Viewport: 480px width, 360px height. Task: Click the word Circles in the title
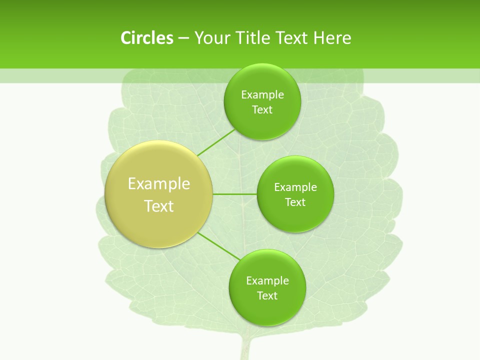click(146, 38)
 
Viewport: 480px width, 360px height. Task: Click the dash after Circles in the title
click(183, 38)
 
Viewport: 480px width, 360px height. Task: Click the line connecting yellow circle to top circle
click(216, 141)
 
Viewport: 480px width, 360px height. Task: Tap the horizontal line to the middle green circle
click(235, 194)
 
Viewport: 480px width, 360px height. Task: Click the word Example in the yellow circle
click(159, 184)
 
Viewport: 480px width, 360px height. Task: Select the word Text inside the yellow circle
click(159, 206)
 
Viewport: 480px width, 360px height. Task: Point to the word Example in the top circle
click(262, 95)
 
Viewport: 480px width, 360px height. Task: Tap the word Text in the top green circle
click(262, 110)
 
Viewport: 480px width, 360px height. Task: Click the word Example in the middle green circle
click(295, 187)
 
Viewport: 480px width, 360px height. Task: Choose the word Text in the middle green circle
click(295, 202)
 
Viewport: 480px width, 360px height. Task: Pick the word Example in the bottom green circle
click(267, 281)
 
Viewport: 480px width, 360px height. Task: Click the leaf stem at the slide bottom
click(244, 347)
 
